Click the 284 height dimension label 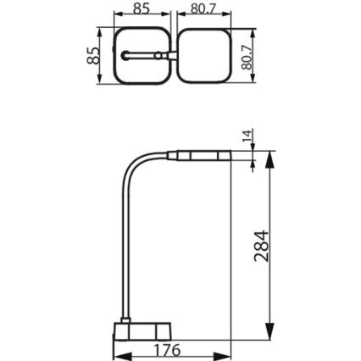tap(262, 246)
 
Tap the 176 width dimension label tap(167, 350)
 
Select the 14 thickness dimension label tap(247, 136)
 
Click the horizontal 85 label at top tap(142, 8)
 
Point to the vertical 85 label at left tap(93, 56)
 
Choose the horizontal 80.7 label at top tap(203, 8)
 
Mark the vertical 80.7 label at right tap(247, 58)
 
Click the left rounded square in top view tap(142, 28)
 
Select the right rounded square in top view tap(204, 29)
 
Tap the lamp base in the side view tap(142, 331)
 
